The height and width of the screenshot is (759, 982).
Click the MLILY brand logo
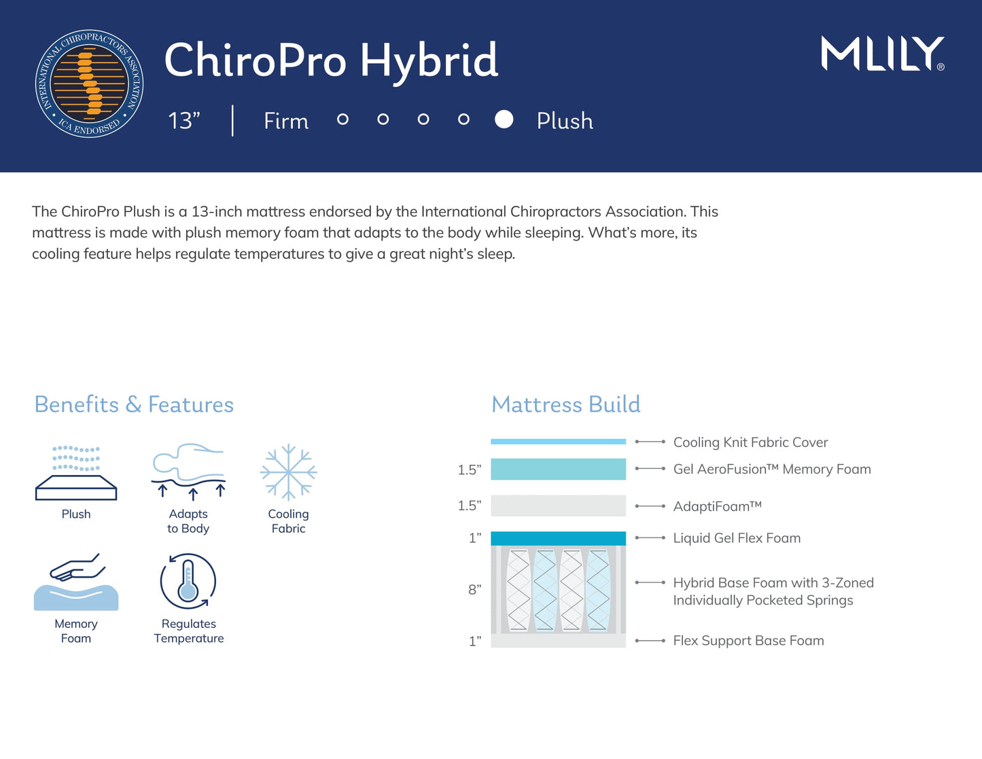882,54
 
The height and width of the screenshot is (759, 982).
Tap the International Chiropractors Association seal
89,84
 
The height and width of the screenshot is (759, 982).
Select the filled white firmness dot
504,120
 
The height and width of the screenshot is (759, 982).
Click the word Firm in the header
286,121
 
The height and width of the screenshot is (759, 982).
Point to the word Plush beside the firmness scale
565,121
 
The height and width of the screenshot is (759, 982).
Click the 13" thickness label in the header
184,121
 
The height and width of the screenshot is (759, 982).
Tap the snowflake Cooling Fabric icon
288,472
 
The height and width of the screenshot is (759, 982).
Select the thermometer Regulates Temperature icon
188,582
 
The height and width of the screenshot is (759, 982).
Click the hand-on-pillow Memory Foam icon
76,582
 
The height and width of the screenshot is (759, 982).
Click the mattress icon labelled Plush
76,473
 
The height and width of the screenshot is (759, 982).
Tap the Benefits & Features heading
134,404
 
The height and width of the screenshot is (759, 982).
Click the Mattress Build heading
565,404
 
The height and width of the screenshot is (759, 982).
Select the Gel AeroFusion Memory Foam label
771,469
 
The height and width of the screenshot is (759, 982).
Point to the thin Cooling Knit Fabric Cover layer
558,442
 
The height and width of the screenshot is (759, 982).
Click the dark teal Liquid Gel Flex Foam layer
558,538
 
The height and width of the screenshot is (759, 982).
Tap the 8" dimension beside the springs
474,589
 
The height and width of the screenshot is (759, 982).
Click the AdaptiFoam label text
717,506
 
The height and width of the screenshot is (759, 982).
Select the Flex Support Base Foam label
748,641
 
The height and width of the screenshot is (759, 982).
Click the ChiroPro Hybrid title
331,60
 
